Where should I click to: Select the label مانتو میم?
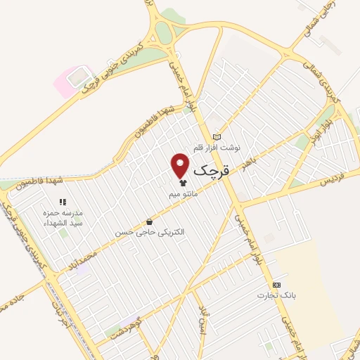point(184,193)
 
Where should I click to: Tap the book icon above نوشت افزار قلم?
point(217,137)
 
